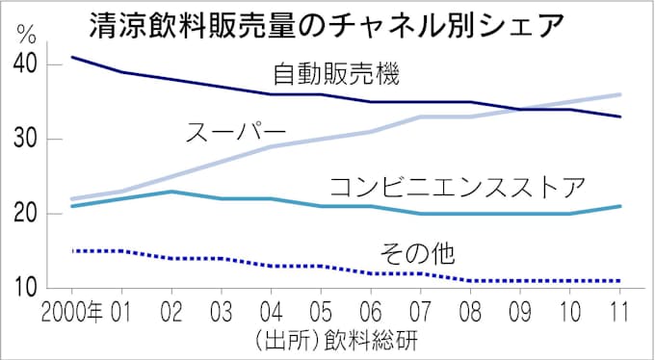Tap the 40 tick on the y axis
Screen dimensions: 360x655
[x=27, y=64]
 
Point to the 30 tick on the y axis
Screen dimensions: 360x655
[x=27, y=139]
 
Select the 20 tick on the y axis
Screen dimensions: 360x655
[x=27, y=214]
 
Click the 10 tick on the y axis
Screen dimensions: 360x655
[x=27, y=287]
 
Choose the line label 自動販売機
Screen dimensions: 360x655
[x=336, y=72]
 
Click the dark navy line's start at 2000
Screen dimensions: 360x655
[x=72, y=57]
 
